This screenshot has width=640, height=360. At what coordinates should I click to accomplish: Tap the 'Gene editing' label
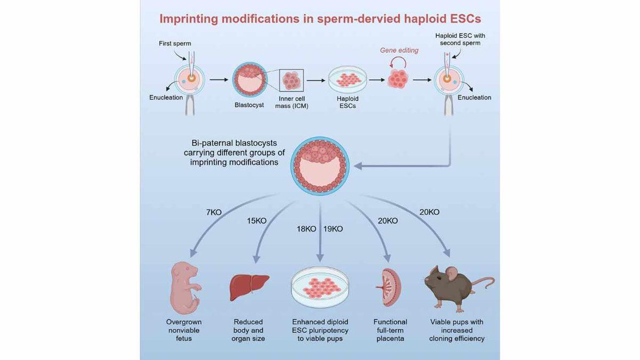pos(399,50)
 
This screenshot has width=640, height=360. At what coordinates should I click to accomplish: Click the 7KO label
pos(213,212)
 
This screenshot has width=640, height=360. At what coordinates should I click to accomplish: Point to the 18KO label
pos(307,229)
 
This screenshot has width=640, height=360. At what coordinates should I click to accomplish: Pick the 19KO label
pos(333,229)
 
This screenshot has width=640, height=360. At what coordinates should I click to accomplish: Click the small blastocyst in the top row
pos(249,79)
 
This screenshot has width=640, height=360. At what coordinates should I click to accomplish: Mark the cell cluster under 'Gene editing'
pos(397,79)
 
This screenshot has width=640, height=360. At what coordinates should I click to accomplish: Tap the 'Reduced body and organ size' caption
pos(249,330)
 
